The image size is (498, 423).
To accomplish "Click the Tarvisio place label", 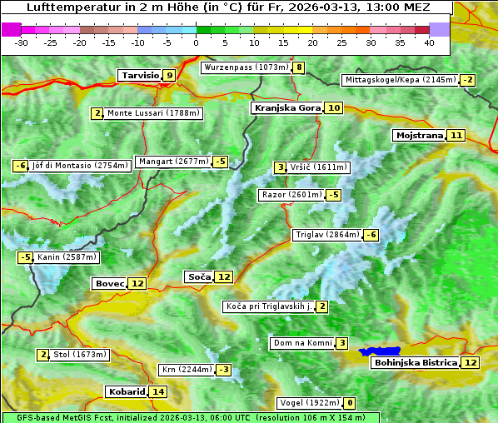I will (x=139, y=76).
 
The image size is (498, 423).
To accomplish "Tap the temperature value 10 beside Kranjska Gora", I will (x=333, y=107).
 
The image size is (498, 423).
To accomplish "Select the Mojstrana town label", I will (x=420, y=135).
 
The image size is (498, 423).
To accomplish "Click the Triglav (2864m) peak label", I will (x=327, y=235).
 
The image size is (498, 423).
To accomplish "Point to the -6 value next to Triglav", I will (x=371, y=235).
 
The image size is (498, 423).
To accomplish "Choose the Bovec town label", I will (x=109, y=283).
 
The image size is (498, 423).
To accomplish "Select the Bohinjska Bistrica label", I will (x=416, y=362).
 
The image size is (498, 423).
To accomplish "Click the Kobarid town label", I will (x=126, y=391).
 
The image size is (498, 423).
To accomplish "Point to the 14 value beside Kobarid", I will (x=158, y=391).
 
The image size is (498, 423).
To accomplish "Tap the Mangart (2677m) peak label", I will (x=173, y=162).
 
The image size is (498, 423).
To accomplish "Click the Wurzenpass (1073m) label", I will (x=247, y=67).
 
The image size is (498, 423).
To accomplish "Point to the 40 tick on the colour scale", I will (x=429, y=42).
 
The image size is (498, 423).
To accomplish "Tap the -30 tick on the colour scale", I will (x=22, y=42).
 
